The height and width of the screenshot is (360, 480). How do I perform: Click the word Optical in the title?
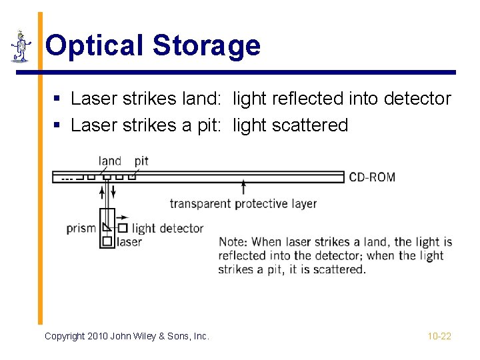pyautogui.click(x=94, y=45)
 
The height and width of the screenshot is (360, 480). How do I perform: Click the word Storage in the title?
pyautogui.click(x=206, y=45)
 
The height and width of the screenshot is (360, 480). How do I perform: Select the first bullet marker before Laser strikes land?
pyautogui.click(x=58, y=99)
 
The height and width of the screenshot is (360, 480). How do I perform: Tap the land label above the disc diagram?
pyautogui.click(x=109, y=161)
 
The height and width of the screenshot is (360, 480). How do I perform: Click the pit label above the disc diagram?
pyautogui.click(x=141, y=161)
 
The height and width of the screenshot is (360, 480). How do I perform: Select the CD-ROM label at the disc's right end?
pyautogui.click(x=372, y=177)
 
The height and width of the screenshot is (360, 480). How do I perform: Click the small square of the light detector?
pyautogui.click(x=123, y=228)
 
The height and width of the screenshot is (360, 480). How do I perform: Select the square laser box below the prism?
pyautogui.click(x=107, y=241)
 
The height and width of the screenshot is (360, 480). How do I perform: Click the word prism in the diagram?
pyautogui.click(x=81, y=228)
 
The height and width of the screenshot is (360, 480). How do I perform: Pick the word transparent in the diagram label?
pyautogui.click(x=200, y=204)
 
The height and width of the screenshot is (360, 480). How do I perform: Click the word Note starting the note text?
pyautogui.click(x=233, y=241)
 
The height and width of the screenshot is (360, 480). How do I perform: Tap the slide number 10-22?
pyautogui.click(x=439, y=336)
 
